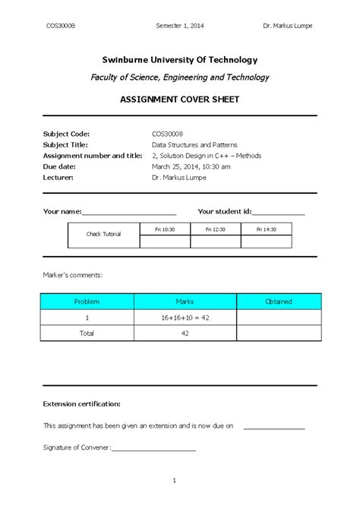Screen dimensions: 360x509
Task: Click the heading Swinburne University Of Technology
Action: point(180,59)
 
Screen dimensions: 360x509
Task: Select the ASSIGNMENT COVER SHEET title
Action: point(180,100)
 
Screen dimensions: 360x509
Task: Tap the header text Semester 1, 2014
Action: point(180,26)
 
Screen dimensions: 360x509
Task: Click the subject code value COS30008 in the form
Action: point(167,133)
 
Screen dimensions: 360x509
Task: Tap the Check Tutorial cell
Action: point(103,235)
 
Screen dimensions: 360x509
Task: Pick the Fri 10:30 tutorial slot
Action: point(165,229)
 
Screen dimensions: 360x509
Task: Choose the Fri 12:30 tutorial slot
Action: point(216,229)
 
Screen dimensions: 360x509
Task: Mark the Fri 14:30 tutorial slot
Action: point(266,229)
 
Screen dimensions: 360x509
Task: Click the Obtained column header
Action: point(278,302)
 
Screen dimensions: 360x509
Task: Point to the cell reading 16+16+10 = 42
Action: point(185,318)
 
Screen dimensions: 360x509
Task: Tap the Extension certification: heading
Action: point(82,404)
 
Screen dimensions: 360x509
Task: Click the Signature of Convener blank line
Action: point(153,450)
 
